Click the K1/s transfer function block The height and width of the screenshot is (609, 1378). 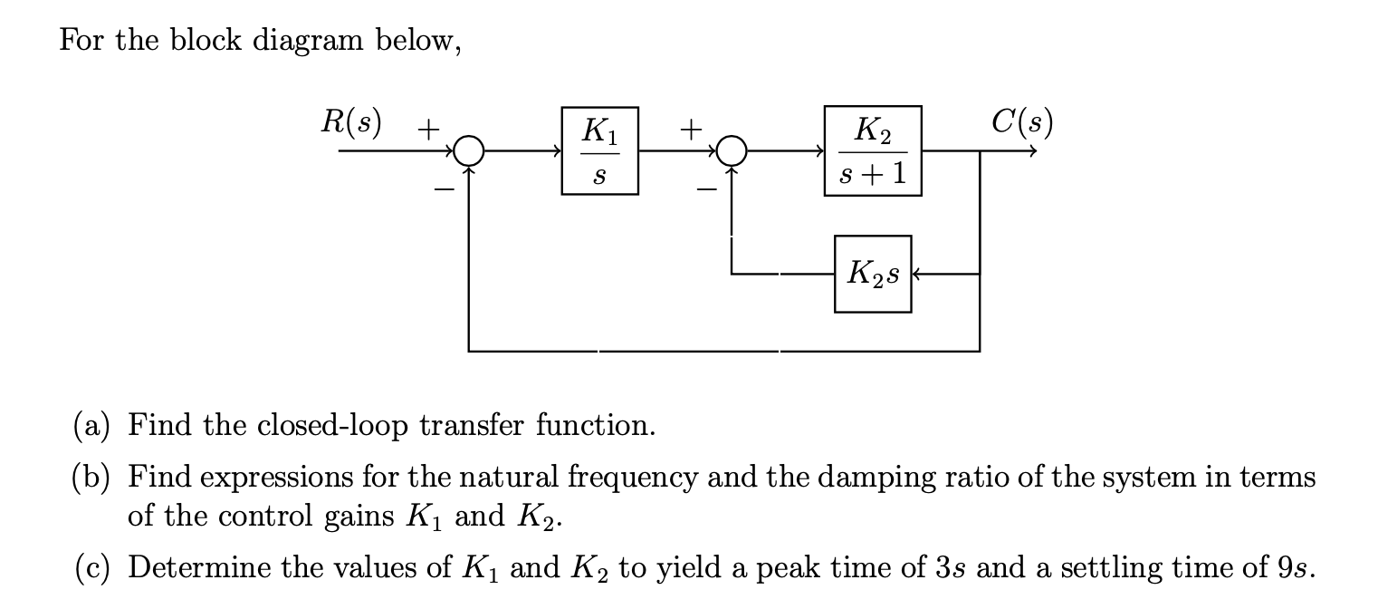click(x=599, y=151)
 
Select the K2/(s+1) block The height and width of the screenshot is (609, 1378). click(x=873, y=150)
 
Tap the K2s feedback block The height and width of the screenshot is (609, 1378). click(x=873, y=273)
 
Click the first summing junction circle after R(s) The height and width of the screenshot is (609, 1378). click(x=469, y=151)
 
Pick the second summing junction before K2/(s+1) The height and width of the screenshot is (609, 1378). click(x=732, y=151)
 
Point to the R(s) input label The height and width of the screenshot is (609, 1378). click(x=351, y=121)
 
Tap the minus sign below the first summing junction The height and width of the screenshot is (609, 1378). click(x=445, y=188)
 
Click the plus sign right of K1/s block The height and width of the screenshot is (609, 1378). click(x=691, y=130)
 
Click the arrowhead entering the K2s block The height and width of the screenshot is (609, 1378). click(x=918, y=273)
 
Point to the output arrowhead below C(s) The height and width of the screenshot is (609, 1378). click(x=1029, y=151)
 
